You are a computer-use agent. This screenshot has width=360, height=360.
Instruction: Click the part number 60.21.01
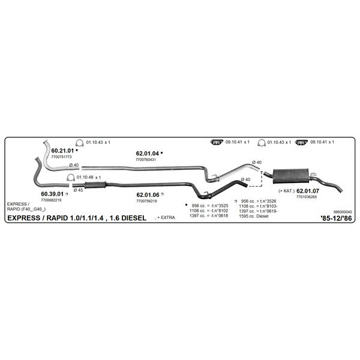tap(62, 151)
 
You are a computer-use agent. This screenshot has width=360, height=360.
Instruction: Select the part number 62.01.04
tap(148, 154)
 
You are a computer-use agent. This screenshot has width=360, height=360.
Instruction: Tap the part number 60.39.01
tap(52, 194)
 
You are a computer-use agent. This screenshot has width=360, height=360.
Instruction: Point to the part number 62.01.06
tap(148, 195)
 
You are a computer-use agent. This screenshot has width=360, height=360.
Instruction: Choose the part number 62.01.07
tap(308, 191)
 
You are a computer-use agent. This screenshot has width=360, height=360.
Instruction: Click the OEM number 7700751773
tap(61, 157)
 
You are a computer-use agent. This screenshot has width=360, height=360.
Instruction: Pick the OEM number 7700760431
tap(146, 160)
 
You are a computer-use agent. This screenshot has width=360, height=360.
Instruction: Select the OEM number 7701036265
tap(307, 197)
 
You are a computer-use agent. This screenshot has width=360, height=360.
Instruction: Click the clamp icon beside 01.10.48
tap(70, 178)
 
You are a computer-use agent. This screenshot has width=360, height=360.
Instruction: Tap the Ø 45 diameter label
tap(78, 190)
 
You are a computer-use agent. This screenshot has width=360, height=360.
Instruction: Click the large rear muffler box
tap(290, 176)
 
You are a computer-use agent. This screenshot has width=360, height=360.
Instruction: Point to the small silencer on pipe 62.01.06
tap(95, 185)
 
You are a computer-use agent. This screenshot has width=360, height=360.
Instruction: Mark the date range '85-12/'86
tap(336, 218)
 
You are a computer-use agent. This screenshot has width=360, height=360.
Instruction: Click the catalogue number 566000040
tap(343, 212)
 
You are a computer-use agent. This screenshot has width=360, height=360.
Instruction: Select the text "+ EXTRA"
tap(166, 218)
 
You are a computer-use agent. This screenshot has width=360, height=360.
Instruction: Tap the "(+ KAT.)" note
tap(286, 191)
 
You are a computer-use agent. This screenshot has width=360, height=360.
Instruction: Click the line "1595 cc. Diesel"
tap(253, 216)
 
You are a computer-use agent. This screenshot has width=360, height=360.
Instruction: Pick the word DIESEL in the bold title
tap(134, 218)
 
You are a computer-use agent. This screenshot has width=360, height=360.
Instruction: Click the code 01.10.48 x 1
tap(89, 178)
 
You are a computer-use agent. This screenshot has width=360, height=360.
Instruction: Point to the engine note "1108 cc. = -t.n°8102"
tap(209, 211)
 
